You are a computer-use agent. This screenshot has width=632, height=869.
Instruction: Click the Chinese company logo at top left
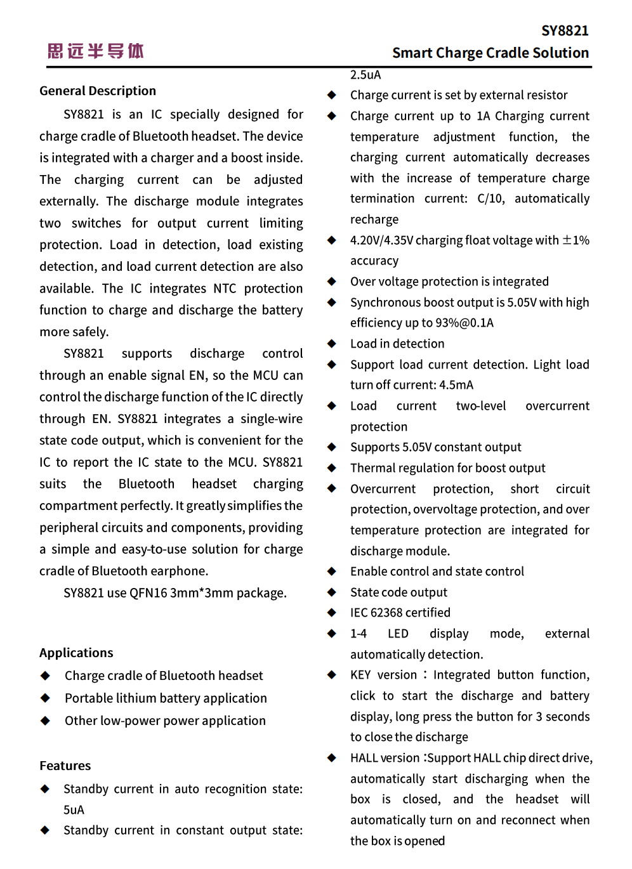(x=96, y=51)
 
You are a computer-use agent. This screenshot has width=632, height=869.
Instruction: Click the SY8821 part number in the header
(x=565, y=30)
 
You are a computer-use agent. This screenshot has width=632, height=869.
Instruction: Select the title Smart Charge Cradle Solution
(x=490, y=53)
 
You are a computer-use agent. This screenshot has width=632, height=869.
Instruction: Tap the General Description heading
(x=98, y=91)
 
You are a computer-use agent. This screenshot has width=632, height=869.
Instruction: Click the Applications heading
(x=76, y=653)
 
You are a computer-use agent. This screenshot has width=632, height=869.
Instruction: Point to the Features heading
(x=65, y=766)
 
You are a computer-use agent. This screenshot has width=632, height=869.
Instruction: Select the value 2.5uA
(x=365, y=75)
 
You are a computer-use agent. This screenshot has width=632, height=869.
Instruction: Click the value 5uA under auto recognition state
(x=74, y=810)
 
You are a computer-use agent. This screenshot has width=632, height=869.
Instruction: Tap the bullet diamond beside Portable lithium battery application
(x=45, y=698)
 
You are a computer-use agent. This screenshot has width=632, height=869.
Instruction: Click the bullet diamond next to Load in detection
(x=331, y=343)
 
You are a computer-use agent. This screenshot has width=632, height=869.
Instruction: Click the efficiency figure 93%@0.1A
(x=464, y=323)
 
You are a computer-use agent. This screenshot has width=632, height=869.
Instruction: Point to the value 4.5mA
(x=456, y=385)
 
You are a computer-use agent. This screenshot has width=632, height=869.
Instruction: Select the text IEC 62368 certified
(x=400, y=613)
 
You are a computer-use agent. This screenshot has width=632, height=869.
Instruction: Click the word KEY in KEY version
(x=360, y=675)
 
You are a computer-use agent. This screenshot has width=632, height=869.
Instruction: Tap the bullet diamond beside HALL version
(x=331, y=758)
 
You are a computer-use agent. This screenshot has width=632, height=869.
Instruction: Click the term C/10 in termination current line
(x=490, y=199)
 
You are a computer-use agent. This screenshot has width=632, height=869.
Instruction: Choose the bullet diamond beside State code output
(x=331, y=592)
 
